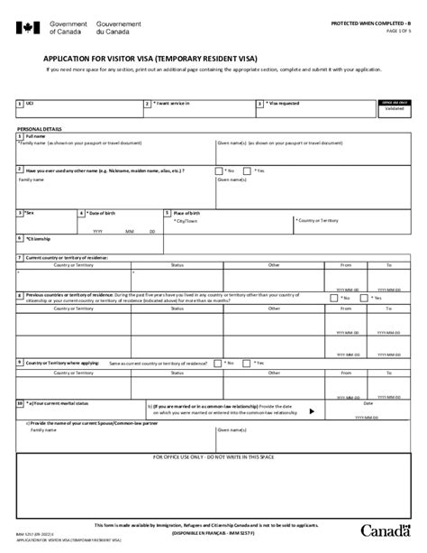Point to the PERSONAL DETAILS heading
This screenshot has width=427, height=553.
pyautogui.click(x=41, y=131)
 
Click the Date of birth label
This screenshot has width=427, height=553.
pyautogui.click(x=106, y=214)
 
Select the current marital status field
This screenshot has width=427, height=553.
pyautogui.click(x=90, y=412)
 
